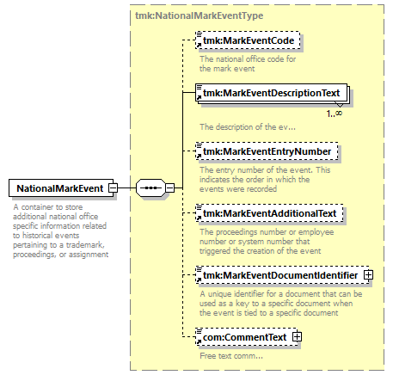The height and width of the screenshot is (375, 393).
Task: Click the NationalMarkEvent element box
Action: point(61,188)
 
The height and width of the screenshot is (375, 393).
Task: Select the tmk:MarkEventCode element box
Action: point(248,40)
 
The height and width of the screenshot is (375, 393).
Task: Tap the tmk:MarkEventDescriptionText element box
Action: point(271,93)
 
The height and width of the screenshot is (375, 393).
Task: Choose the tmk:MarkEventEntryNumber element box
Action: point(267,151)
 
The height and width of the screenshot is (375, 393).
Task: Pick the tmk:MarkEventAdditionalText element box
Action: point(269,213)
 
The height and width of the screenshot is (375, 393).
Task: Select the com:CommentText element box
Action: point(247,337)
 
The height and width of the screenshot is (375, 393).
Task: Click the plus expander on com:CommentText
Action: point(297,337)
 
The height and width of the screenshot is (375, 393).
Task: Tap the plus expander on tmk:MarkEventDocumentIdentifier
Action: point(368,275)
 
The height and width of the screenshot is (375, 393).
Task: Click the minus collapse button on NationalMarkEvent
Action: point(113,188)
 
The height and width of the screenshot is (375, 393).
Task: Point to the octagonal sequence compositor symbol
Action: point(150,188)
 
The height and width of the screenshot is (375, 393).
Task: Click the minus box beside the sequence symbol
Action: point(170,188)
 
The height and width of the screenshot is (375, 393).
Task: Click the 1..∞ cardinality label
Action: point(335,114)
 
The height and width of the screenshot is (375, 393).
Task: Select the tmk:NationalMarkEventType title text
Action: point(200,15)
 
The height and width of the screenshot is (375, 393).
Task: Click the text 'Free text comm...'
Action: point(231,356)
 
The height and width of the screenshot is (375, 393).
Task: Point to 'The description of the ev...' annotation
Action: point(248,126)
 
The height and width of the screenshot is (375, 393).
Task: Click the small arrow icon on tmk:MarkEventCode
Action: point(199,45)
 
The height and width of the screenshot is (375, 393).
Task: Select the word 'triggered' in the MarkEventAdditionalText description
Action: point(215,251)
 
